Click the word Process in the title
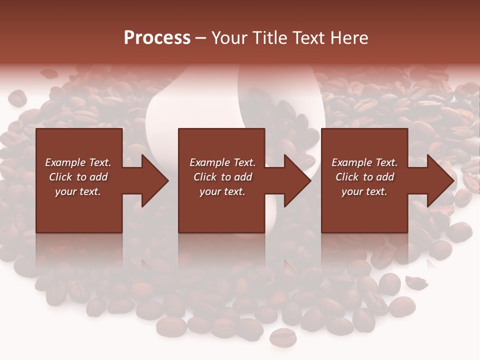click(157, 38)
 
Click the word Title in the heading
click(269, 38)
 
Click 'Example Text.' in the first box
click(78, 162)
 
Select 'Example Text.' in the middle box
click(222, 162)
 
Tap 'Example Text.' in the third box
click(364, 162)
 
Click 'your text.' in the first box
click(78, 191)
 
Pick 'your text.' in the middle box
click(222, 191)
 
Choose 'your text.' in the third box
click(364, 191)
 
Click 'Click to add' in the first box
click(78, 177)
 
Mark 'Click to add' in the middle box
click(222, 177)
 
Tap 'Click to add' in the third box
click(364, 177)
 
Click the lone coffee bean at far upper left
click(17, 97)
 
